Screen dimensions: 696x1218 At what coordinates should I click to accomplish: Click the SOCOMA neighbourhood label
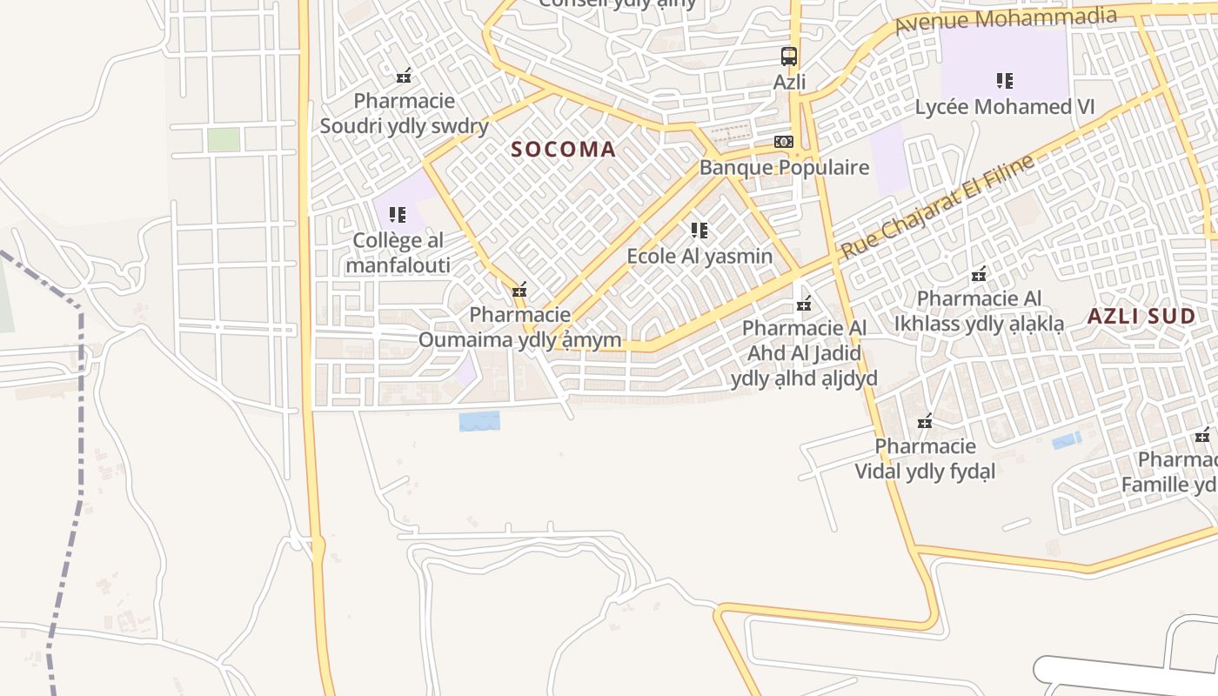click(563, 149)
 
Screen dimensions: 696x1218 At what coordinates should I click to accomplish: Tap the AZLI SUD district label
click(1141, 316)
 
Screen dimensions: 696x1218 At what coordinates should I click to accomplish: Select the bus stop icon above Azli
click(789, 57)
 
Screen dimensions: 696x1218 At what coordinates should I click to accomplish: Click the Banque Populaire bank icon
click(783, 142)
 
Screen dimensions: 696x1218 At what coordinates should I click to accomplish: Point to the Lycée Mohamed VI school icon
click(1005, 81)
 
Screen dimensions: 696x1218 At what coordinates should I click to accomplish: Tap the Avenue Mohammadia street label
click(1005, 20)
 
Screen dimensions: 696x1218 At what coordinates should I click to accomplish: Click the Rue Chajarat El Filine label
click(936, 206)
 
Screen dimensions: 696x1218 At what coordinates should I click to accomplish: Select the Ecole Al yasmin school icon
click(699, 231)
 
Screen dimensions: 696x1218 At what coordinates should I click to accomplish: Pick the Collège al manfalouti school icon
click(398, 215)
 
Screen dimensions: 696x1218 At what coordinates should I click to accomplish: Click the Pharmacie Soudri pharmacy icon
click(404, 77)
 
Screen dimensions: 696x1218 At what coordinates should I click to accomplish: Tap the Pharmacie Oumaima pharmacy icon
click(519, 290)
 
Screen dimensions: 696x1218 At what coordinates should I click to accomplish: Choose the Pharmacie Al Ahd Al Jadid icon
click(804, 304)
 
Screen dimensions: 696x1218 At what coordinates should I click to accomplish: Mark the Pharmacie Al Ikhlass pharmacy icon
click(979, 274)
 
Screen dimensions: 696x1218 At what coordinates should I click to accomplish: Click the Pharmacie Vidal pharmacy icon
click(925, 422)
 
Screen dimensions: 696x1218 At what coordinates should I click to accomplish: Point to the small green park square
click(224, 139)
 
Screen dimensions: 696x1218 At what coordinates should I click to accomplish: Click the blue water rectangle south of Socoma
click(479, 421)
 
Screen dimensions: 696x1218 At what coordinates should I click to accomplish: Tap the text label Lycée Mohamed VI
click(1005, 107)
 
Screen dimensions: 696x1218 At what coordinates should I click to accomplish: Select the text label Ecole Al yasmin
click(699, 256)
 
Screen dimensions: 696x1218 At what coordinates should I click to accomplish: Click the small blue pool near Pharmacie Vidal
click(1067, 440)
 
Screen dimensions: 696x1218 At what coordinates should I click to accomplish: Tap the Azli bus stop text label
click(789, 82)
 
